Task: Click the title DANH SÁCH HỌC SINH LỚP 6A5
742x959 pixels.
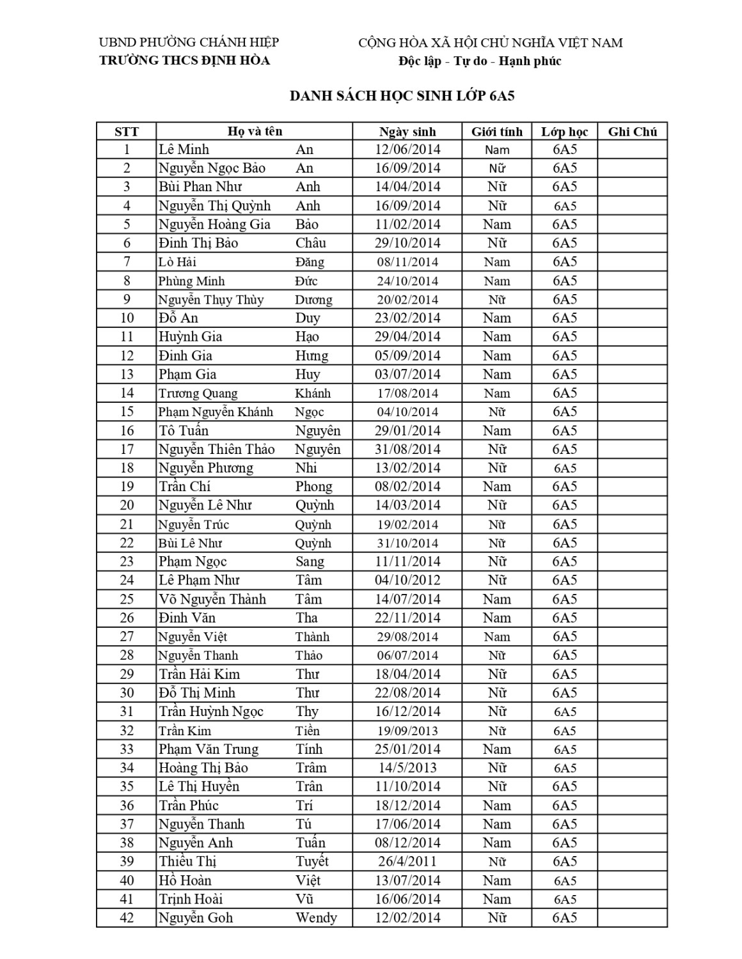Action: [402, 96]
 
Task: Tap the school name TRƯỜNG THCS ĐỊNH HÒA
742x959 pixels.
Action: [184, 61]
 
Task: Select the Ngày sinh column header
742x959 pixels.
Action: [407, 132]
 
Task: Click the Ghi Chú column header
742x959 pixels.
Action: [632, 132]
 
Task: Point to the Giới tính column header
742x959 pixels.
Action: [497, 132]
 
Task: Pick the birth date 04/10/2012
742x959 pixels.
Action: [407, 580]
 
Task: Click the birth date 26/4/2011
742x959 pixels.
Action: [407, 861]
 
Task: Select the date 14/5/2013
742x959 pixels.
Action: [407, 767]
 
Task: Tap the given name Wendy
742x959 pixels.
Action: [316, 917]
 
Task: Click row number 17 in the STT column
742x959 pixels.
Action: [127, 449]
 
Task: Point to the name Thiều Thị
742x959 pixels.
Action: [187, 861]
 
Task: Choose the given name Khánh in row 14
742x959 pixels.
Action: [313, 393]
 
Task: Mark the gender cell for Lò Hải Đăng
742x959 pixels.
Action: [497, 261]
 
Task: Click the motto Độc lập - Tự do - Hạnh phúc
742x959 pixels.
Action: [480, 61]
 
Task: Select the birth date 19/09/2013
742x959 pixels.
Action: [407, 730]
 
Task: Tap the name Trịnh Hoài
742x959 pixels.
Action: [191, 899]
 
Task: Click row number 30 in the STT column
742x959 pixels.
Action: [127, 692]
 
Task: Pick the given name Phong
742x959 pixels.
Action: [314, 487]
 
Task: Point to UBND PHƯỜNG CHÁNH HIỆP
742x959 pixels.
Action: [189, 43]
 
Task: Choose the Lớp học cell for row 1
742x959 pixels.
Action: [565, 150]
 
